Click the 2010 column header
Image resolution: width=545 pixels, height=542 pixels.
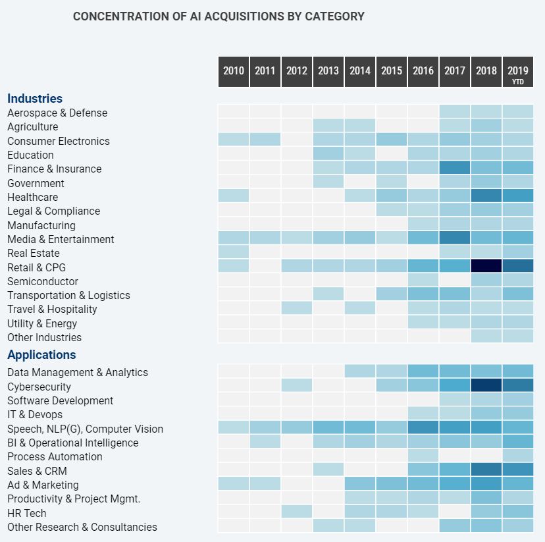pyautogui.click(x=234, y=71)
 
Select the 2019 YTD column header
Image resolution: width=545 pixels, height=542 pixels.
pyautogui.click(x=518, y=72)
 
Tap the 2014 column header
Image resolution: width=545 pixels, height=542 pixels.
pyautogui.click(x=360, y=71)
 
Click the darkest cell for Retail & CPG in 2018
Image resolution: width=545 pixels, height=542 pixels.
pyautogui.click(x=486, y=267)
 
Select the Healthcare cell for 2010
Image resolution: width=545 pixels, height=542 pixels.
pyautogui.click(x=234, y=196)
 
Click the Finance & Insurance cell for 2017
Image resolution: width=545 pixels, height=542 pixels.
pyautogui.click(x=455, y=169)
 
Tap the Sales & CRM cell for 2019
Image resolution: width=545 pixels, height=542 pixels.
pyautogui.click(x=518, y=470)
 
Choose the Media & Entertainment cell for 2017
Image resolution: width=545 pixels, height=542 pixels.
pyautogui.click(x=455, y=238)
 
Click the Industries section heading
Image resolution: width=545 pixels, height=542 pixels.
pyautogui.click(x=35, y=99)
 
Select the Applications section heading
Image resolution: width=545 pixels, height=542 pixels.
pyautogui.click(x=41, y=355)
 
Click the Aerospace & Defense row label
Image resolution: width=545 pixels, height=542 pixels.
pyautogui.click(x=57, y=113)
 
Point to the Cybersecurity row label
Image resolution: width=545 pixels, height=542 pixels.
pyautogui.click(x=39, y=387)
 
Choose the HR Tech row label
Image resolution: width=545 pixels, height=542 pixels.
pyautogui.click(x=27, y=513)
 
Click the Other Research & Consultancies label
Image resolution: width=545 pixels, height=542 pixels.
pyautogui.click(x=82, y=527)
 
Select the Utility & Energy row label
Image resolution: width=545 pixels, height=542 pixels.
pyautogui.click(x=42, y=323)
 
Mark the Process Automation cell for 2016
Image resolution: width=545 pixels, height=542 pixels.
pyautogui.click(x=423, y=456)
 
